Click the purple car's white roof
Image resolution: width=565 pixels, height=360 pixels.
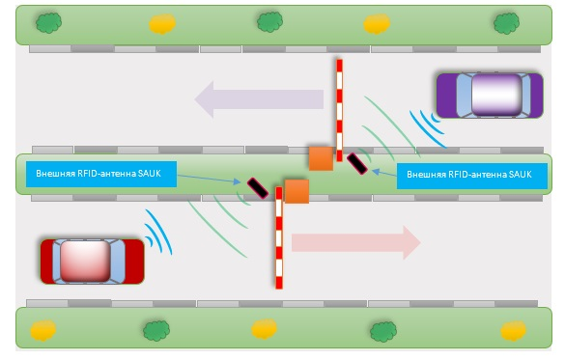[x=496, y=95]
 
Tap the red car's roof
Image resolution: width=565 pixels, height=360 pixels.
[x=85, y=262]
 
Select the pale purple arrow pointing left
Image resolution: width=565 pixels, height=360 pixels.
[x=259, y=99]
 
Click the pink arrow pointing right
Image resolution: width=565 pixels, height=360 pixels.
[x=356, y=242]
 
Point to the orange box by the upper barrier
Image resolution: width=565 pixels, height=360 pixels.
[x=321, y=158]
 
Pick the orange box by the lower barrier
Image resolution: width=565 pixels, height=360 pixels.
[x=297, y=191]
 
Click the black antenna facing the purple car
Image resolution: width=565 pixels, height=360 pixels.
[x=357, y=164]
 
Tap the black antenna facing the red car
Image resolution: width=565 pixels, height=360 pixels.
[x=258, y=188]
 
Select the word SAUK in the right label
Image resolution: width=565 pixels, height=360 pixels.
[x=520, y=175]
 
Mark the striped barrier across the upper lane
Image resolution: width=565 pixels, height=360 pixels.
[x=339, y=110]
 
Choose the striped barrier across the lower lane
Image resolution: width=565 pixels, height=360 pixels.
[x=279, y=237]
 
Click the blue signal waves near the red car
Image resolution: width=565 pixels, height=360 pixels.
[x=159, y=233]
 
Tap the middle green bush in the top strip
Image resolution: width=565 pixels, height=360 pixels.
[x=269, y=22]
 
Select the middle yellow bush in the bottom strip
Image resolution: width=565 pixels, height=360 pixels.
[x=264, y=329]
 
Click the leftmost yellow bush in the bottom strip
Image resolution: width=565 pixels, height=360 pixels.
[x=43, y=330]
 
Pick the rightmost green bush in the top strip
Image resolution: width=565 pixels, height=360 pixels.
[x=507, y=23]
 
